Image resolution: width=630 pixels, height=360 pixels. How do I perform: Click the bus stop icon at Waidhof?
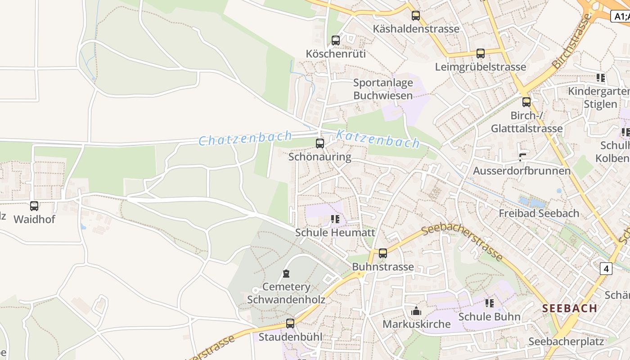point(34,206)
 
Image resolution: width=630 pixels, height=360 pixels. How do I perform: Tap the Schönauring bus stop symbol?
point(320,144)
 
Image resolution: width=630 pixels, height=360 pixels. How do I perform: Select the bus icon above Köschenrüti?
point(336,40)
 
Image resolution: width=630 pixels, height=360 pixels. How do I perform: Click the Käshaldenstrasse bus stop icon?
point(416,16)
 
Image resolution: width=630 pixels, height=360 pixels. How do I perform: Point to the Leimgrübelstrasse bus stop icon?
point(481,54)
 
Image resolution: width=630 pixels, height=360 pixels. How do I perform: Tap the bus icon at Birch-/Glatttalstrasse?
point(526,102)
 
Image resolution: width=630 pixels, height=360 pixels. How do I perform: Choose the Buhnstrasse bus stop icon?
point(383,253)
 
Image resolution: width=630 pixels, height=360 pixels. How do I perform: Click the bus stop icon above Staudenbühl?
point(290,323)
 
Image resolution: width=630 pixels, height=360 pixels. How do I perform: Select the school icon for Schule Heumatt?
point(335,219)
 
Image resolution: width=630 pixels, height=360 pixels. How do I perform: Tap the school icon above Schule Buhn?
point(490,303)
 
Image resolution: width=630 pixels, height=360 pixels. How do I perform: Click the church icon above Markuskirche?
point(416,311)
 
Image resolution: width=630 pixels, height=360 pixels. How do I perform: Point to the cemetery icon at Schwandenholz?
point(286,274)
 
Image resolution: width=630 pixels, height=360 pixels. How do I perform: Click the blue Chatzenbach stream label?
point(245,139)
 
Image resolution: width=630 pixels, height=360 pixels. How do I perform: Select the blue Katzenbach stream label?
point(378,139)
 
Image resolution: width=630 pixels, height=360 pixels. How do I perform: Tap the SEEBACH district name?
point(570,308)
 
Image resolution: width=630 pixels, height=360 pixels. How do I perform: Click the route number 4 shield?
point(606,269)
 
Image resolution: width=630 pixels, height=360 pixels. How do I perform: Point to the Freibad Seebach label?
point(539,213)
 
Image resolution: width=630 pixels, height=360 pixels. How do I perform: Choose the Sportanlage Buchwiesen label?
point(383,89)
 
